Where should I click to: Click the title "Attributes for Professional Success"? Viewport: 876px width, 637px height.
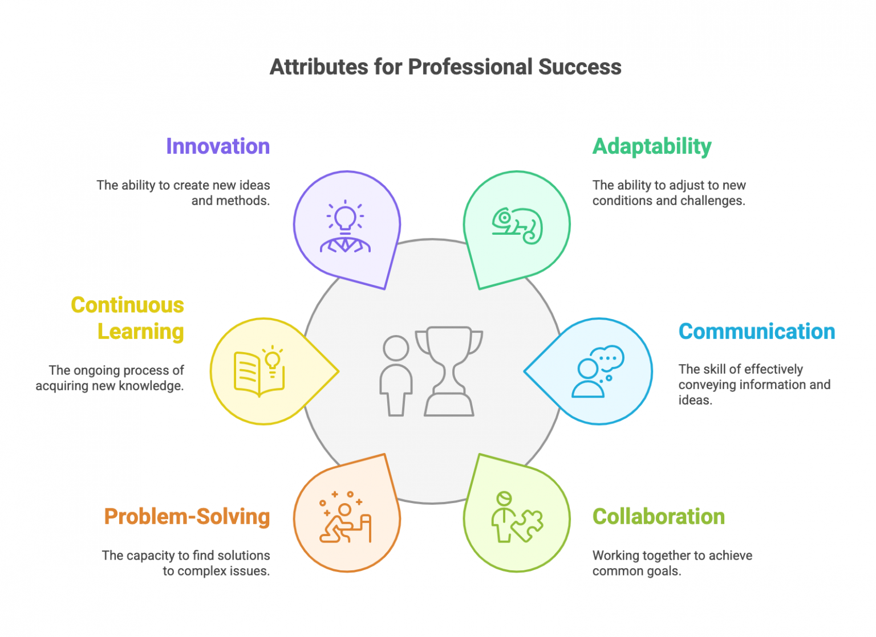445,67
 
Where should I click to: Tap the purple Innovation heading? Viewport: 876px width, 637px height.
217,146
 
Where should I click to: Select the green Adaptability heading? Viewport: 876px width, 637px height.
651,146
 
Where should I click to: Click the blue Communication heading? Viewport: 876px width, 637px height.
756,332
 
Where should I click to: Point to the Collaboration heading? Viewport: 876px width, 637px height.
658,517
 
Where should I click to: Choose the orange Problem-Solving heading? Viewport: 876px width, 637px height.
186,517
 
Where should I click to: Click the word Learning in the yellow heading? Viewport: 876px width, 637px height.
140,332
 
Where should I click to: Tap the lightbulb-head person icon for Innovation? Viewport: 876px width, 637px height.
345,227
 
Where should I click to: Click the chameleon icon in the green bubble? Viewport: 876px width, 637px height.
517,226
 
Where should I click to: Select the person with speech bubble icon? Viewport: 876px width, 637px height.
597,371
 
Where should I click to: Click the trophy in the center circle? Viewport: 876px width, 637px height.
449,371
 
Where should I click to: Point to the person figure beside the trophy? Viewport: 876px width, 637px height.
396,375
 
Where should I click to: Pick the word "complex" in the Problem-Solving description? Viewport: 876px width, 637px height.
203,571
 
